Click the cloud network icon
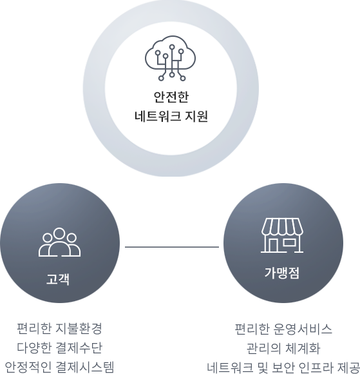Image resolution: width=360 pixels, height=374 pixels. click(x=171, y=59)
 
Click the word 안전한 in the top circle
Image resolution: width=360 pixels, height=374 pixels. click(x=171, y=97)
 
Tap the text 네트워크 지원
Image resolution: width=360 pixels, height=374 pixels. click(x=171, y=117)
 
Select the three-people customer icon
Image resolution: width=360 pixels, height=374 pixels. click(x=59, y=242)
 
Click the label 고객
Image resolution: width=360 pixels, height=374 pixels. click(x=58, y=279)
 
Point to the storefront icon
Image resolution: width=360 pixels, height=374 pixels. click(x=282, y=235)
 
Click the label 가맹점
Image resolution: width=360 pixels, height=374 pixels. click(x=282, y=273)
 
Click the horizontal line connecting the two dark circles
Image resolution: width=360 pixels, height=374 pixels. click(x=172, y=247)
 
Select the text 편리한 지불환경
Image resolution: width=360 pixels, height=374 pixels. click(x=59, y=328)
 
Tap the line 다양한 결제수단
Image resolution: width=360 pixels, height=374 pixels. click(x=59, y=348)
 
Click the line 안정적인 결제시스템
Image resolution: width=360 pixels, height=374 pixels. click(x=59, y=367)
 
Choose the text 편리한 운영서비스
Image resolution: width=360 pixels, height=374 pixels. click(x=283, y=329)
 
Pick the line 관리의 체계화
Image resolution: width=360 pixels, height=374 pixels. click(x=283, y=348)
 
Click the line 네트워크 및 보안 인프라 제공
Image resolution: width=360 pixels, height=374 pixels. click(x=283, y=368)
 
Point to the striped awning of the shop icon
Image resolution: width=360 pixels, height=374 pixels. click(x=282, y=226)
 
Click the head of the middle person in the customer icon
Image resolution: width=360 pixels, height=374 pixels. click(x=59, y=233)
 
